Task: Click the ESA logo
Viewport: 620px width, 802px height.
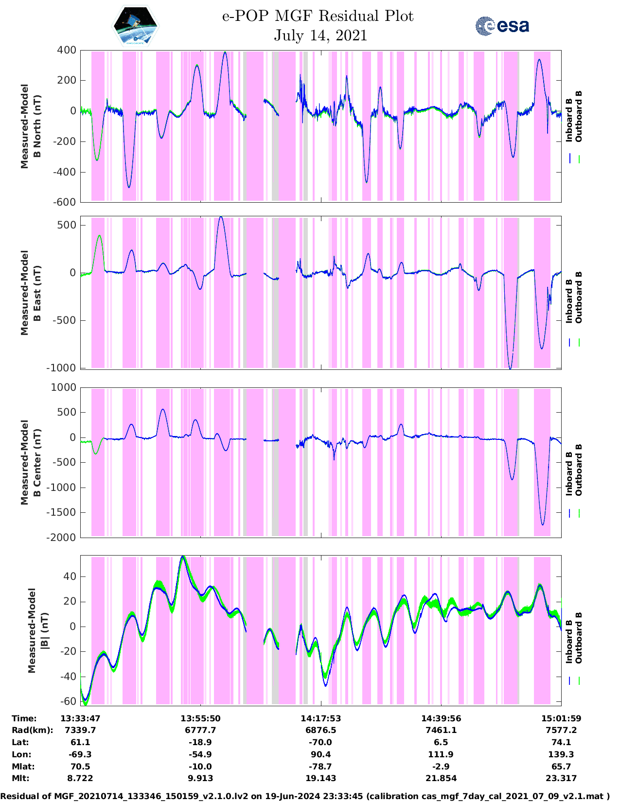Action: point(502,26)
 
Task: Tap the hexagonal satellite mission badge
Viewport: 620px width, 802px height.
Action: point(136,26)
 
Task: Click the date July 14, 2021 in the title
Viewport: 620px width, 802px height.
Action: point(320,35)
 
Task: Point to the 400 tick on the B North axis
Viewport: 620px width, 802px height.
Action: point(67,50)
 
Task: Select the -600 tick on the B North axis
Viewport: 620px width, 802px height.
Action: point(64,202)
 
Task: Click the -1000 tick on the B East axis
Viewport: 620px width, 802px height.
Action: point(61,368)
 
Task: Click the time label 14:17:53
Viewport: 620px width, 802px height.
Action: point(320,718)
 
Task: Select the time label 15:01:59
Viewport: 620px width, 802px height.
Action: point(561,718)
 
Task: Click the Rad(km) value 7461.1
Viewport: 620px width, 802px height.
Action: point(441,730)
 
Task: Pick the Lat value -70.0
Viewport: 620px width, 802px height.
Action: point(320,742)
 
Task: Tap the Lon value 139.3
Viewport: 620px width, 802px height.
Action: point(561,754)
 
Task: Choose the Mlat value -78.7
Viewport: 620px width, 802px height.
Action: point(320,767)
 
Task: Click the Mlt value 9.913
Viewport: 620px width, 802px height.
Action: point(200,778)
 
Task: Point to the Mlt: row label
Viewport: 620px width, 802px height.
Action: point(20,778)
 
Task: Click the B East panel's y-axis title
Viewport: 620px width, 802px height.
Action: point(30,293)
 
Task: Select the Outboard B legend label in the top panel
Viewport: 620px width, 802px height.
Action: point(579,117)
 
